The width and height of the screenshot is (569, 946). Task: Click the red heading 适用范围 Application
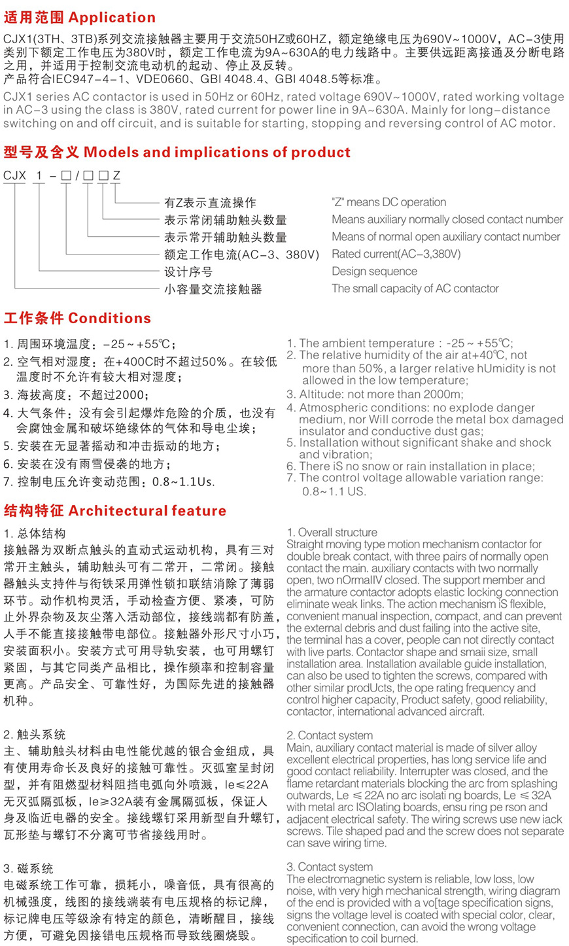[80, 18]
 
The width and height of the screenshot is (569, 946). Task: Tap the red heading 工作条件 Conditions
[77, 319]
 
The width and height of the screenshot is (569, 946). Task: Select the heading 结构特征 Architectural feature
[115, 511]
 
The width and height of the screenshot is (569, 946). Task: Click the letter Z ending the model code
[116, 176]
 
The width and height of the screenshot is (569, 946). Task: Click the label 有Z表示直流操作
[210, 203]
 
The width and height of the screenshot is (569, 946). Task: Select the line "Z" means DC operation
[388, 202]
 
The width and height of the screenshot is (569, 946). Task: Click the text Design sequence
[374, 272]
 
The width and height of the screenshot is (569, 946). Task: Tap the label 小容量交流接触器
[213, 289]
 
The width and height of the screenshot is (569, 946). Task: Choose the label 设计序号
[188, 272]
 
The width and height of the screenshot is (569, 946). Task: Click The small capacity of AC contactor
[415, 289]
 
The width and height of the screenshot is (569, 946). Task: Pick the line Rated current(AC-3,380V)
[396, 254]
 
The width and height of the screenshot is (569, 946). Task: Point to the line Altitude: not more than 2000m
[375, 394]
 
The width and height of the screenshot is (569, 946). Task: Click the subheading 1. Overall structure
[332, 533]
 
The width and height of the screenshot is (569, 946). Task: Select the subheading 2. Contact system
[330, 735]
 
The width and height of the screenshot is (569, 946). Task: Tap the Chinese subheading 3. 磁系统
[29, 869]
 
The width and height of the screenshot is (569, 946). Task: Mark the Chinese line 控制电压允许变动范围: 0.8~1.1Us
[109, 482]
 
